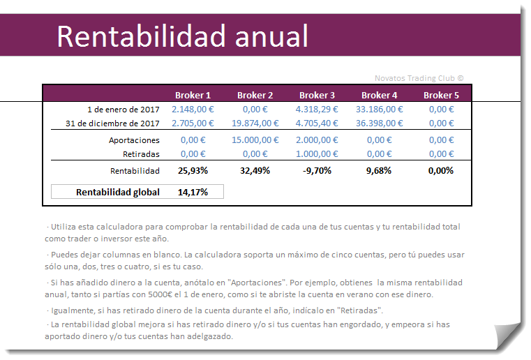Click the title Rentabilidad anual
click(182, 36)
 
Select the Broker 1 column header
click(193, 95)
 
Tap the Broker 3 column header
click(317, 95)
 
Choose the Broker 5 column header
click(441, 95)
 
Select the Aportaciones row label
click(135, 140)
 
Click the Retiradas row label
click(141, 154)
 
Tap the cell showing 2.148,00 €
click(193, 110)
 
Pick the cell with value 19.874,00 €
click(255, 123)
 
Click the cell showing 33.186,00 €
click(380, 110)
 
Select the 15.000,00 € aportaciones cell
click(255, 140)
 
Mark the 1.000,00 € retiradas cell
click(317, 154)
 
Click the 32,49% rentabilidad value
click(255, 171)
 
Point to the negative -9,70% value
click(317, 171)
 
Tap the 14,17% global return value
click(193, 192)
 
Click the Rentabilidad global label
click(118, 192)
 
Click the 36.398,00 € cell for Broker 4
click(380, 123)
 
